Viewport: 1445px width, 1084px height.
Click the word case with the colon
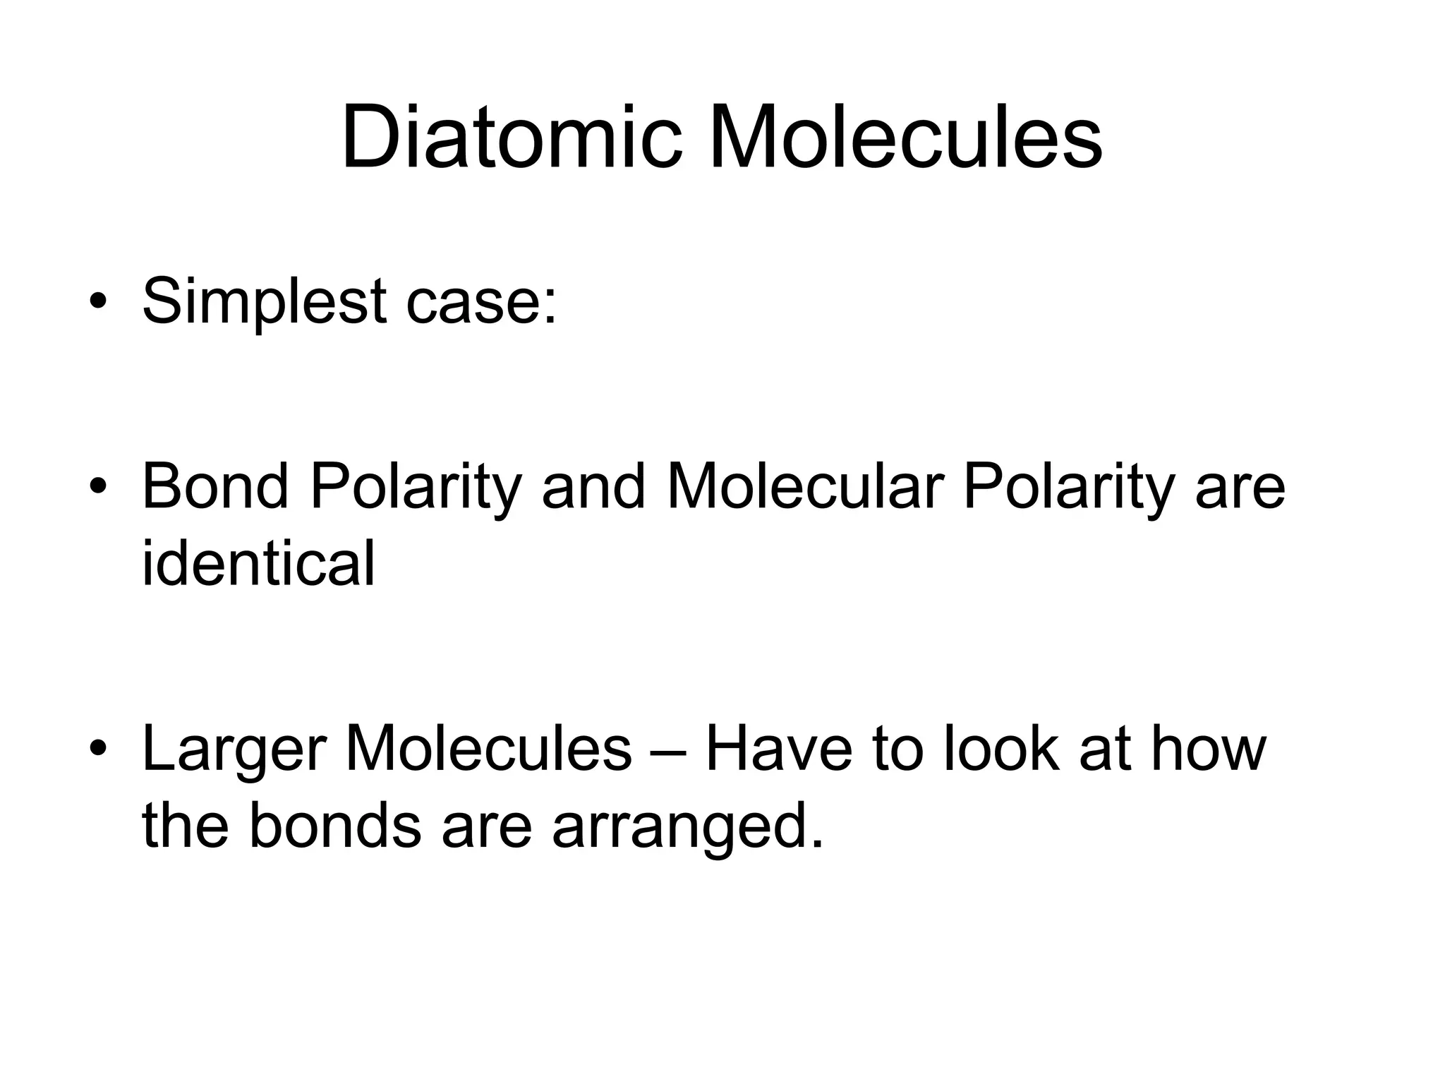[x=481, y=302]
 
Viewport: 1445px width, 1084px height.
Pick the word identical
[x=258, y=564]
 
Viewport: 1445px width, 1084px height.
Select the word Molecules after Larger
[x=488, y=749]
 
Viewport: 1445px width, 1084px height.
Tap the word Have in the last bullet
[x=779, y=749]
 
